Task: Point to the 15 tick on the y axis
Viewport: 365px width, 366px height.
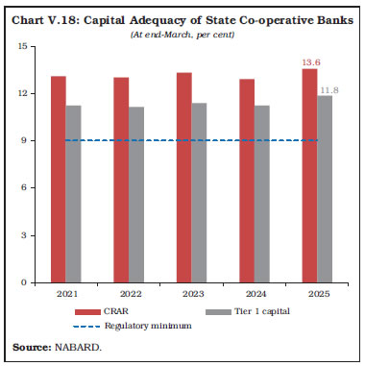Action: point(21,46)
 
